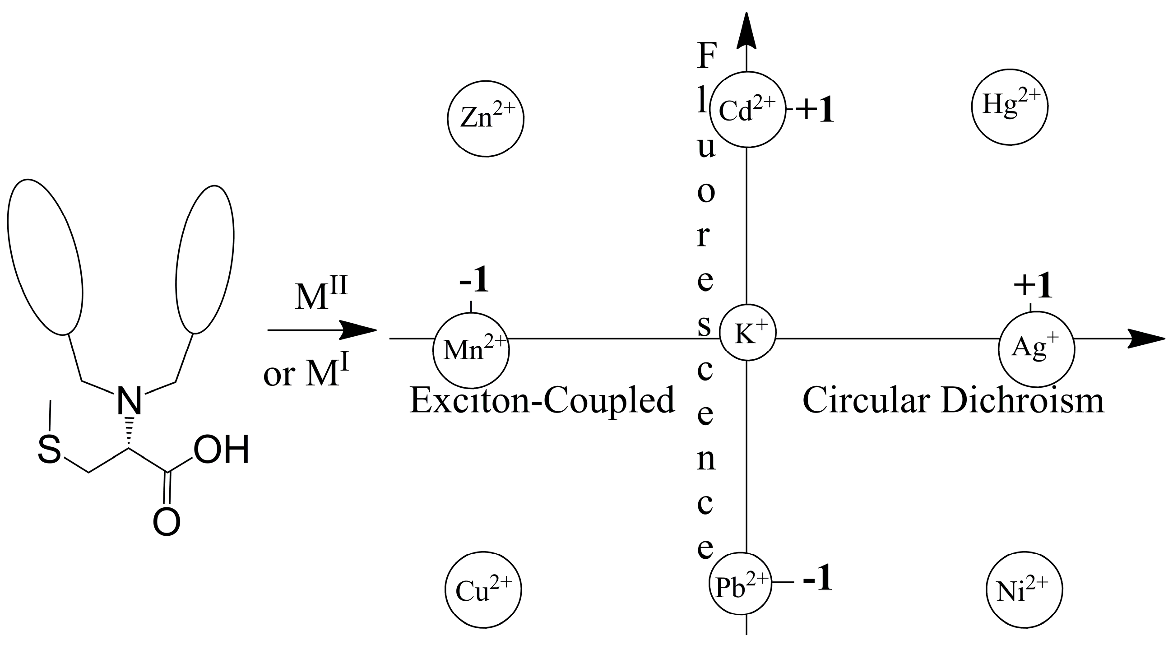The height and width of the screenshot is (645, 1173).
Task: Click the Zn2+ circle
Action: click(486, 118)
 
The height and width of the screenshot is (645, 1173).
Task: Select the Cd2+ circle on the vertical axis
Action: click(748, 109)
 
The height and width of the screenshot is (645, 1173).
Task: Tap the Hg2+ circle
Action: click(1010, 107)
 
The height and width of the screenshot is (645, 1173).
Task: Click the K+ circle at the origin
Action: click(747, 333)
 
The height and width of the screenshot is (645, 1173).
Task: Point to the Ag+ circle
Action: click(1036, 349)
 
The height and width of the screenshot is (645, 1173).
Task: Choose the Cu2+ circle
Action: click(483, 590)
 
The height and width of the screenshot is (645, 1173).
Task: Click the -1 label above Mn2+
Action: click(474, 281)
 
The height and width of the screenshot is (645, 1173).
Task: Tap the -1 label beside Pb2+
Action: click(817, 579)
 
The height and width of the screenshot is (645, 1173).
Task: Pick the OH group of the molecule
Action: click(221, 450)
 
